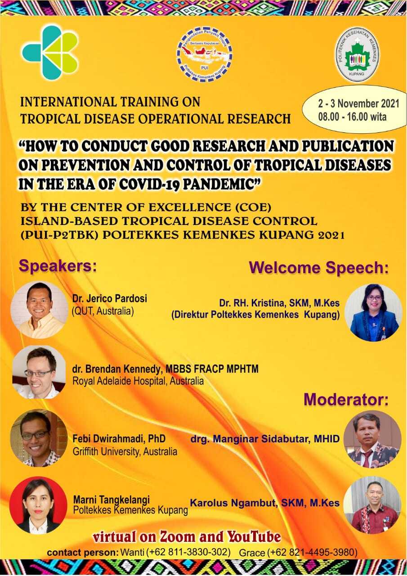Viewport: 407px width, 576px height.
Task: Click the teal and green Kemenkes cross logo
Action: click(x=50, y=53)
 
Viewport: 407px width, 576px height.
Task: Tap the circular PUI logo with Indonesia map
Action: click(x=204, y=55)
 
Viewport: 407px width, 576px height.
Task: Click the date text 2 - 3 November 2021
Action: click(x=359, y=103)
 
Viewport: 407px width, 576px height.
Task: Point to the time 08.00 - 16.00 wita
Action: click(x=352, y=117)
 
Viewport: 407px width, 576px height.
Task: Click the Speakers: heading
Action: click(x=58, y=265)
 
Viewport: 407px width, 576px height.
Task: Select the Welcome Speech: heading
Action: click(x=318, y=268)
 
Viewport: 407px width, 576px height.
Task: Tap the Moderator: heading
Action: click(x=346, y=400)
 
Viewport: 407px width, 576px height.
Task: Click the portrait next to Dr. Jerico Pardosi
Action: click(x=38, y=310)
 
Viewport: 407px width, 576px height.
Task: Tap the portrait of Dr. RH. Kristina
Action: click(x=373, y=313)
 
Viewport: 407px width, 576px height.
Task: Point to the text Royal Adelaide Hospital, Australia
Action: click(x=138, y=381)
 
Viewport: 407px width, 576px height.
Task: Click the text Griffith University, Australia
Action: click(x=125, y=452)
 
